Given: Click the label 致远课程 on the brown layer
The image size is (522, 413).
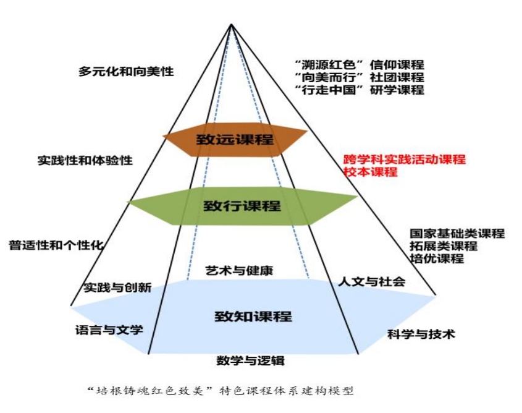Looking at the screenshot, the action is pyautogui.click(x=235, y=139).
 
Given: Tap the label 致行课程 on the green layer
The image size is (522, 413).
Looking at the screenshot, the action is pyautogui.click(x=242, y=206).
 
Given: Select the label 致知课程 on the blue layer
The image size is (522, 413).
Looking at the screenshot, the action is pyautogui.click(x=253, y=316).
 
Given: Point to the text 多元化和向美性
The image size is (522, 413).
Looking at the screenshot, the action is pyautogui.click(x=126, y=71).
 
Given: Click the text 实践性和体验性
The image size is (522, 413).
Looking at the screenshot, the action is pyautogui.click(x=85, y=160).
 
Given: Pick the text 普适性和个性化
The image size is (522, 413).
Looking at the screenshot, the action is pyautogui.click(x=56, y=245).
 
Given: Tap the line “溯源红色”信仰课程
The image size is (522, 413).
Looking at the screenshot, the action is pyautogui.click(x=360, y=65).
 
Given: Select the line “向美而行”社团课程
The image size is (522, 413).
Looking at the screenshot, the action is pyautogui.click(x=360, y=77).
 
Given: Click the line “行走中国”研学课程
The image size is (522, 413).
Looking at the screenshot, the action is pyautogui.click(x=360, y=90).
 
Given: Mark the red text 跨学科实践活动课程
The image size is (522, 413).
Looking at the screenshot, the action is pyautogui.click(x=405, y=160).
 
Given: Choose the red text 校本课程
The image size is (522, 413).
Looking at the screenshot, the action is pyautogui.click(x=371, y=172).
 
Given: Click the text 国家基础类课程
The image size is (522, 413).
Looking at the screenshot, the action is pyautogui.click(x=457, y=233).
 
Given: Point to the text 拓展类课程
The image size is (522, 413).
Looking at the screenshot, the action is pyautogui.click(x=444, y=246).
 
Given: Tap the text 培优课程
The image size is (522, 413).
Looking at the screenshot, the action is pyautogui.click(x=437, y=258).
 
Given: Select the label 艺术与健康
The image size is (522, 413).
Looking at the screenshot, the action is pyautogui.click(x=239, y=270).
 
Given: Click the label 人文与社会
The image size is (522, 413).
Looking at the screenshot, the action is pyautogui.click(x=372, y=282).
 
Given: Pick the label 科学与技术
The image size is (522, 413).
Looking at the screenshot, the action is pyautogui.click(x=421, y=334).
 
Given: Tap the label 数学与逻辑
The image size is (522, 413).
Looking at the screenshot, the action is pyautogui.click(x=250, y=360).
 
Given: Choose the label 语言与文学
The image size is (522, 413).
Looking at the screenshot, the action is pyautogui.click(x=109, y=330).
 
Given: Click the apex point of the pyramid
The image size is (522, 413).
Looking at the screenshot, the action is pyautogui.click(x=232, y=24).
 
